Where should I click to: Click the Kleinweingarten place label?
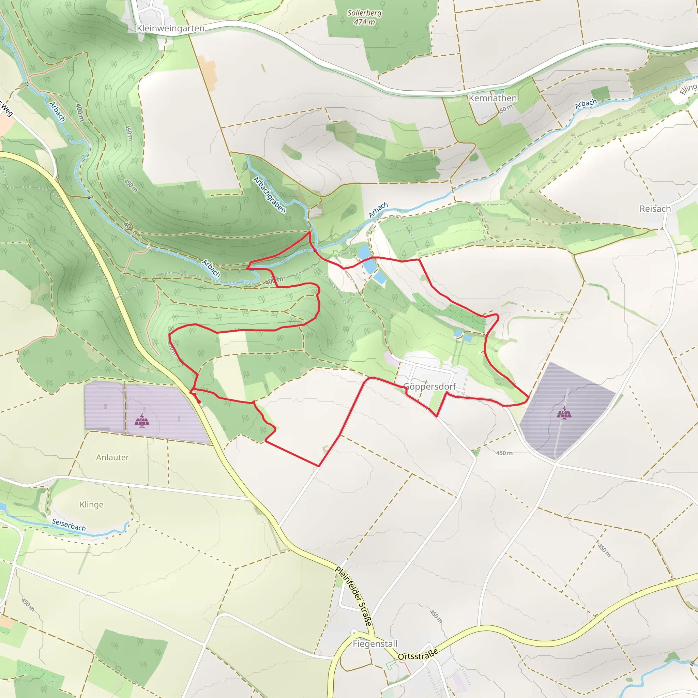pyautogui.click(x=170, y=28)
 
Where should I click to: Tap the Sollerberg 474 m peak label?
pyautogui.click(x=364, y=17)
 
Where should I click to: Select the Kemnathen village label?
pyautogui.click(x=493, y=98)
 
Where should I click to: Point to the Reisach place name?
pyautogui.click(x=655, y=209)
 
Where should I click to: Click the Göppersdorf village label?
pyautogui.click(x=429, y=386)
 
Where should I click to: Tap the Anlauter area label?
pyautogui.click(x=112, y=457)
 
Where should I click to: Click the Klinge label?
pyautogui.click(x=91, y=505)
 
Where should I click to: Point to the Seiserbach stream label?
pyautogui.click(x=69, y=525)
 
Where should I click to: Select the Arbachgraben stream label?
pyautogui.click(x=269, y=195)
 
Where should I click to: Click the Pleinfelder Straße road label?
pyautogui.click(x=353, y=596)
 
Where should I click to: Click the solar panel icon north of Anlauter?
pyautogui.click(x=142, y=421)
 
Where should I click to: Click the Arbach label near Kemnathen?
pyautogui.click(x=586, y=104)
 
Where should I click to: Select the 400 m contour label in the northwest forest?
pyautogui.click(x=79, y=112)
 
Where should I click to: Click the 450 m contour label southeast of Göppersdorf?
pyautogui.click(x=504, y=453)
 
